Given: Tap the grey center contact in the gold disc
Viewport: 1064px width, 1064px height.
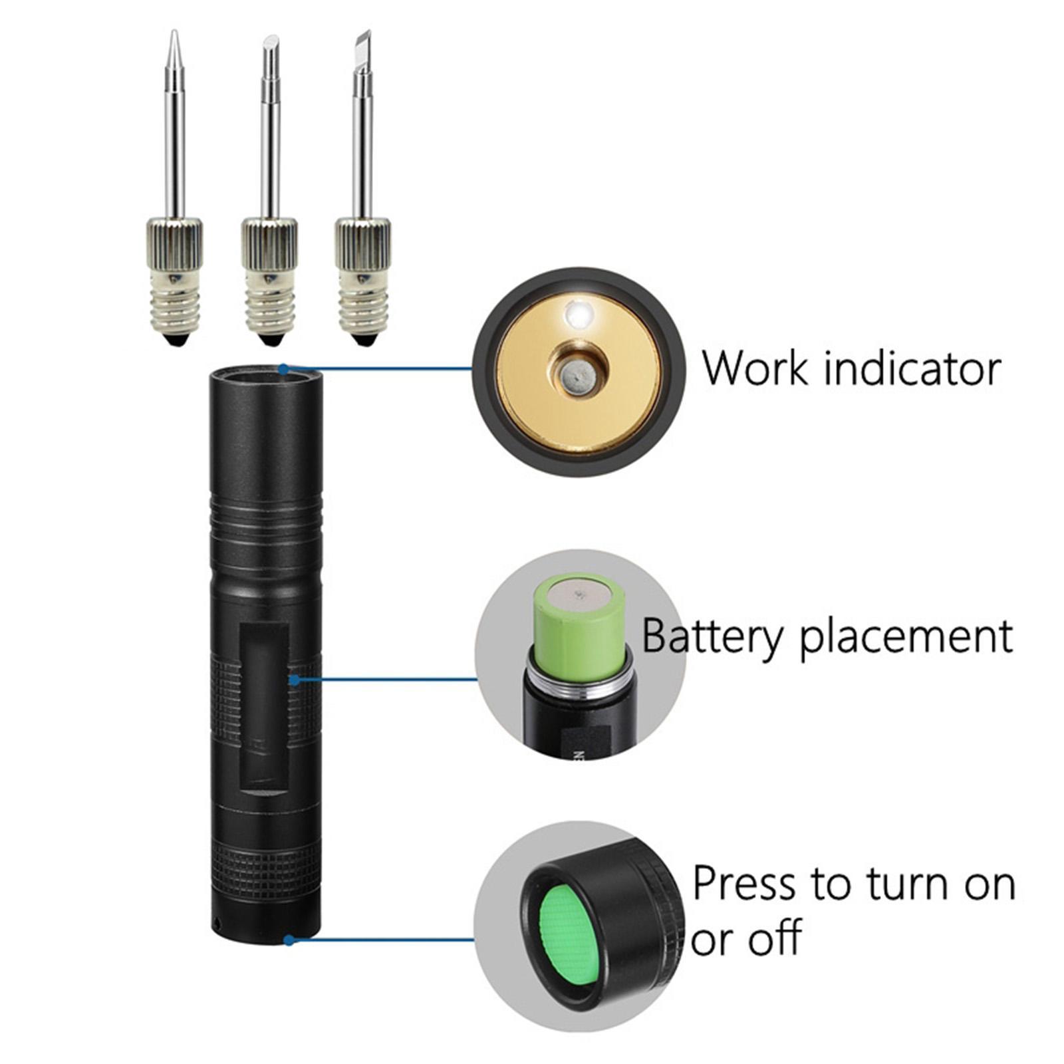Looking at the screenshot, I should point(576,377).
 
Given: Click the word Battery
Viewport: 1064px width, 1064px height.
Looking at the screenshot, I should point(714,636).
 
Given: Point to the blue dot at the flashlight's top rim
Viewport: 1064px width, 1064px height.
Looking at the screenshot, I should point(284,368).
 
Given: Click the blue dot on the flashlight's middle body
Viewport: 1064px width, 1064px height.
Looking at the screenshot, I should point(295,680).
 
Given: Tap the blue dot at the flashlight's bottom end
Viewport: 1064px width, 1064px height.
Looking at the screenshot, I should point(289,940).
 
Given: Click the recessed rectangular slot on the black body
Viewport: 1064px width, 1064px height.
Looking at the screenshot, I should point(265,708).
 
